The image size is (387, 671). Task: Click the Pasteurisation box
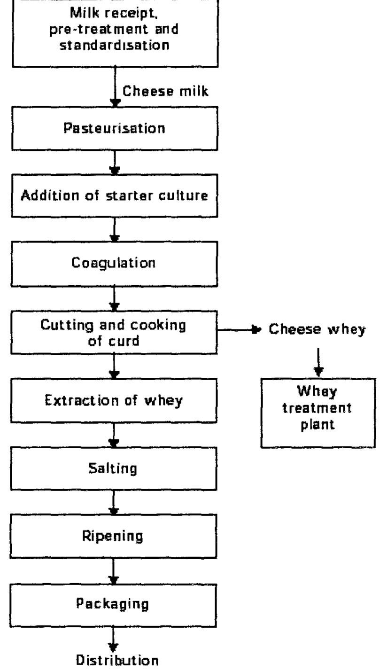(x=115, y=128)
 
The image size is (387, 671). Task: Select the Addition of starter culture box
(x=115, y=196)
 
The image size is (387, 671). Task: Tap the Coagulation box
(x=115, y=264)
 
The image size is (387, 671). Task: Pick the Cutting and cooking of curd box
(x=115, y=332)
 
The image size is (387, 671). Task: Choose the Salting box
(x=115, y=468)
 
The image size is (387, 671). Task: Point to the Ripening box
(x=115, y=536)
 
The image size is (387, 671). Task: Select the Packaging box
(x=115, y=604)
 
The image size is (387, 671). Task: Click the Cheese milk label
(x=165, y=91)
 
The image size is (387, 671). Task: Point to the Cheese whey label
(x=317, y=329)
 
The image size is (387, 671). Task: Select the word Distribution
(x=117, y=660)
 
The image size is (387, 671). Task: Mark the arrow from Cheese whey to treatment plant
(x=318, y=361)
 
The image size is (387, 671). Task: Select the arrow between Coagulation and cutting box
(x=114, y=298)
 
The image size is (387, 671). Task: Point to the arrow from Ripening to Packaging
(x=114, y=570)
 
